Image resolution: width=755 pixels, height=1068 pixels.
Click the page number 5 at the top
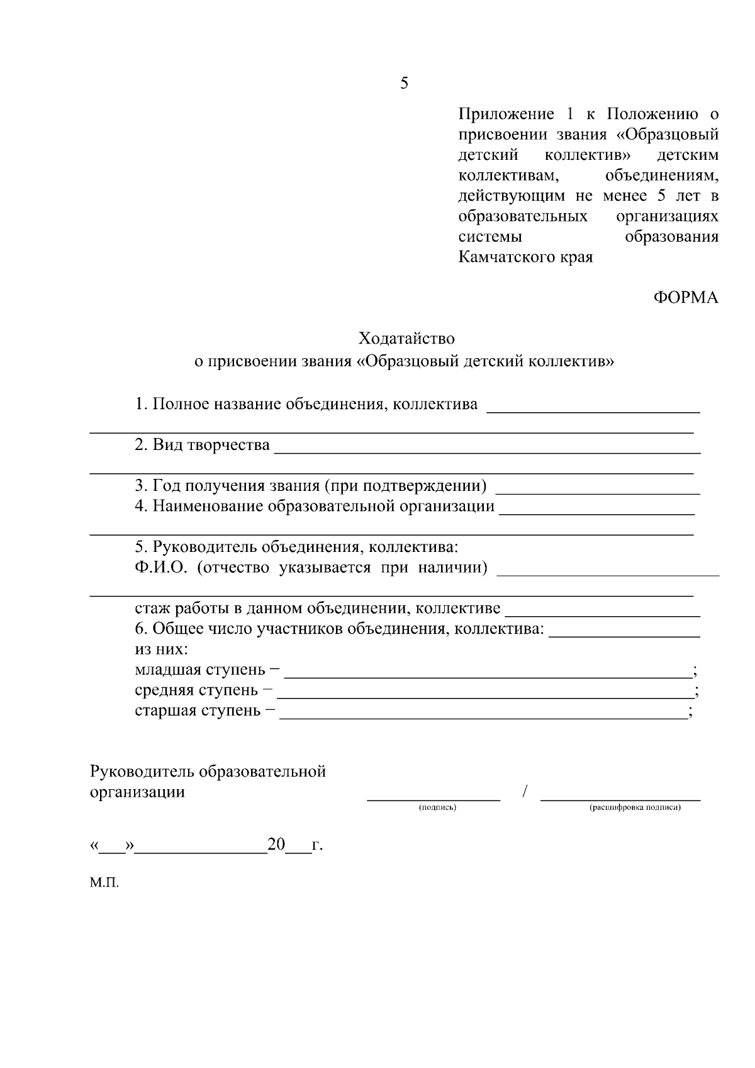[x=404, y=84]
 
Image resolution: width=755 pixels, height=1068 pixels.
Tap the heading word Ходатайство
[x=406, y=339]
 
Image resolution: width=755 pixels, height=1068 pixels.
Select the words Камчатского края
[x=525, y=257]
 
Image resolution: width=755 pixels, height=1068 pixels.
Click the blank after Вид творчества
[x=488, y=451]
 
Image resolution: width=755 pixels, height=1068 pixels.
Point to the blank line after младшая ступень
[x=488, y=675]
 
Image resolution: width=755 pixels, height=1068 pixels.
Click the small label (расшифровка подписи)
[x=635, y=807]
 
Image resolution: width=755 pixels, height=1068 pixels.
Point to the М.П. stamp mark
[x=104, y=883]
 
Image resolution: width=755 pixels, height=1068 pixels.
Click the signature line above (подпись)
[x=433, y=797]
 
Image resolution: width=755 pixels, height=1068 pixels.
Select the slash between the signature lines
[x=524, y=791]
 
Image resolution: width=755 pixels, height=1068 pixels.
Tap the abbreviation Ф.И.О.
[x=161, y=568]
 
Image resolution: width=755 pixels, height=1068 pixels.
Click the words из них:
[x=161, y=649]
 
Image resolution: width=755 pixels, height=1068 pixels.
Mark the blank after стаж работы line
[x=603, y=614]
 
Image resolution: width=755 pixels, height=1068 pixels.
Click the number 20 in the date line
[x=276, y=845]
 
